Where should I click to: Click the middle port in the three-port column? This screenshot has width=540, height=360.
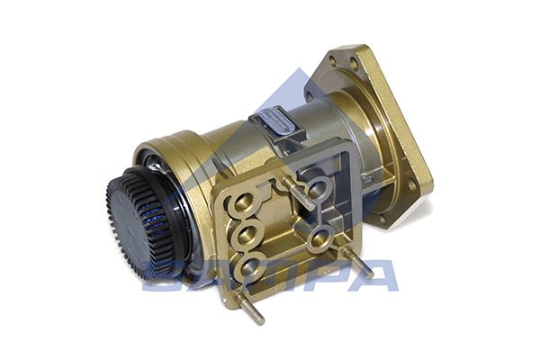pos(247,237)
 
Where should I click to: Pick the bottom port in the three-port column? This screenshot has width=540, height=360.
pos(249,266)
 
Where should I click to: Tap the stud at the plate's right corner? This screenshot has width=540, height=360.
pos(356,263)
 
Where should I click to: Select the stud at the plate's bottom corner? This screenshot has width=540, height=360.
pos(248,306)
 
